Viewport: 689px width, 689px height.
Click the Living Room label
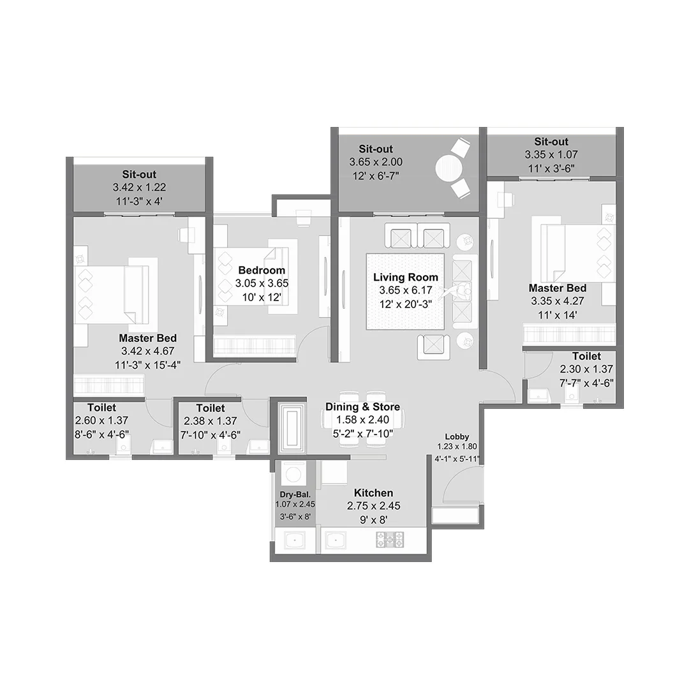point(405,278)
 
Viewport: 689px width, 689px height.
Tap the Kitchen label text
point(373,493)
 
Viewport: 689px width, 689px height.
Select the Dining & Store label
point(362,407)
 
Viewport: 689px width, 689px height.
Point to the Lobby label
point(457,436)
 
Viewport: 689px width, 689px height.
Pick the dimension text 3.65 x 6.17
point(405,290)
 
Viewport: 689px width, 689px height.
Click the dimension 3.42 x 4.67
point(147,351)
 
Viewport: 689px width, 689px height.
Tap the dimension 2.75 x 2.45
point(373,506)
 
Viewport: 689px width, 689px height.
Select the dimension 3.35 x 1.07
point(551,154)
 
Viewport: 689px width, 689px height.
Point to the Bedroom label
point(262,270)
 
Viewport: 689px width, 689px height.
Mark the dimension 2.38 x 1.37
point(210,421)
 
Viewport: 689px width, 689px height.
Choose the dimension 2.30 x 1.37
point(586,369)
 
